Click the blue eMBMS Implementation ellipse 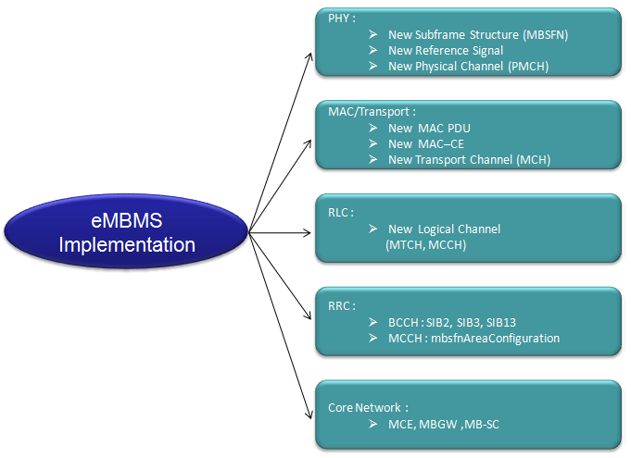(126, 231)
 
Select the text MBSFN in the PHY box (545, 35)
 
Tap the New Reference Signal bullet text (446, 51)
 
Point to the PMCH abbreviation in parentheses (528, 67)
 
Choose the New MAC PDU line (429, 129)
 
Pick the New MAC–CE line (426, 143)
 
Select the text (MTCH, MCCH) (426, 244)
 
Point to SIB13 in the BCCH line (501, 323)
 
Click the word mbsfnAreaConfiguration (495, 339)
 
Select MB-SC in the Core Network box (482, 425)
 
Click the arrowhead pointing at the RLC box (307, 232)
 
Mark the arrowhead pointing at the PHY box (309, 57)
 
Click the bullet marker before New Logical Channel (373, 229)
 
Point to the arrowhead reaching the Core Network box (309, 415)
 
